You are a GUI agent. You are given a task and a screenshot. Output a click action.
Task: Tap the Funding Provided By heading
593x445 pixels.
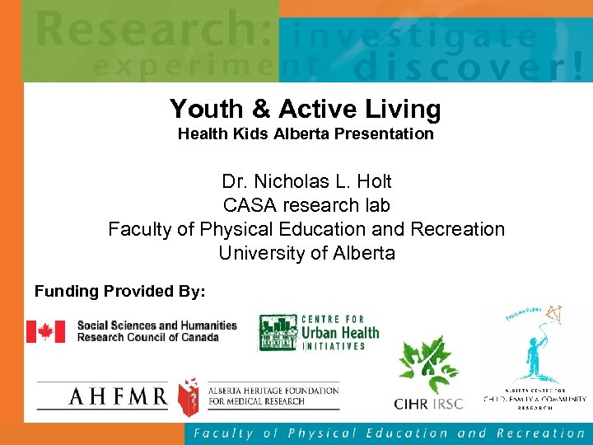[120, 291]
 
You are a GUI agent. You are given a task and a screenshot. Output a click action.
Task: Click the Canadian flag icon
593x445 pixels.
[45, 331]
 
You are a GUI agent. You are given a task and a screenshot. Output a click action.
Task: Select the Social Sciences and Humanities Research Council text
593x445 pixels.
[156, 331]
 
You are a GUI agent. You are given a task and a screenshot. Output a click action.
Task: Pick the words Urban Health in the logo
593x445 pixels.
[340, 333]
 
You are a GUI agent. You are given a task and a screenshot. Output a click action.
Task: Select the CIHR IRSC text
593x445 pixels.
[429, 404]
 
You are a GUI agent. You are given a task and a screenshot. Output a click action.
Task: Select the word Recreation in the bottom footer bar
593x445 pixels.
[544, 433]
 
